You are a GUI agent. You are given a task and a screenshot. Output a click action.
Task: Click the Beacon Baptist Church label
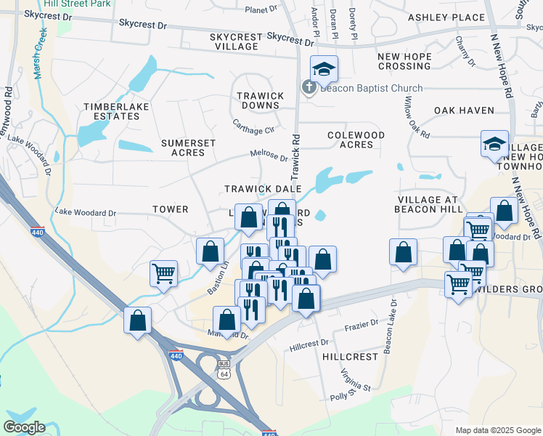[x=371, y=89]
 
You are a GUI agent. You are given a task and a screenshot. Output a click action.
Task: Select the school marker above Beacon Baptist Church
[x=324, y=69]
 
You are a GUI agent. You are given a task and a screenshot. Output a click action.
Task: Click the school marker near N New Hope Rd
[x=494, y=143]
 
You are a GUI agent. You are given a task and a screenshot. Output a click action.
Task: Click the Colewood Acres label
[x=356, y=140]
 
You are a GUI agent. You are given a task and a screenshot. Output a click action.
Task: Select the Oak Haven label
[x=464, y=110]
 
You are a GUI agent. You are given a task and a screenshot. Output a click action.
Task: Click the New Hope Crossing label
[x=404, y=61]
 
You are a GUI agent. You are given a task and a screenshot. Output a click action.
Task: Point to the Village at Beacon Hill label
[x=428, y=204]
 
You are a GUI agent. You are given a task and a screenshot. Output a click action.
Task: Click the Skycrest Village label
[x=234, y=41]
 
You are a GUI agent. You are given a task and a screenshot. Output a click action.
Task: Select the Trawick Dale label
[x=263, y=189]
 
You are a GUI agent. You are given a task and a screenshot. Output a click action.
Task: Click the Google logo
[x=24, y=427]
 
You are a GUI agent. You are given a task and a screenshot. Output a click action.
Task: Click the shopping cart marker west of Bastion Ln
[x=163, y=273]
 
